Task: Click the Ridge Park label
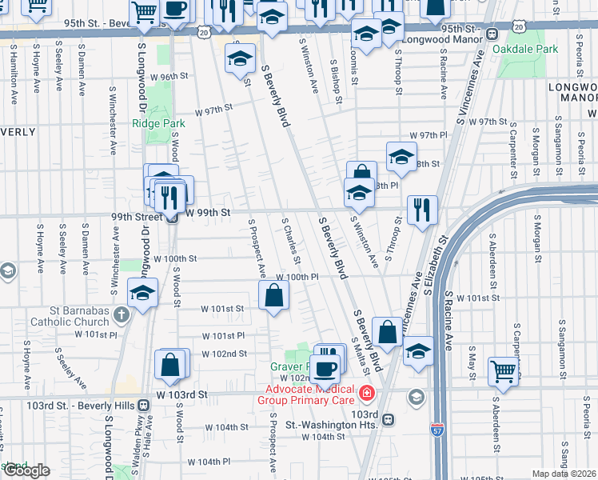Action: pyautogui.click(x=158, y=123)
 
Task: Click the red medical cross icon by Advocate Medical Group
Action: pyautogui.click(x=366, y=393)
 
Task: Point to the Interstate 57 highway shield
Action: pyautogui.click(x=437, y=430)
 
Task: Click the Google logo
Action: pyautogui.click(x=26, y=470)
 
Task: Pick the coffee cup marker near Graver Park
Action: pyautogui.click(x=325, y=368)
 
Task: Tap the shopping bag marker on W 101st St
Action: pyautogui.click(x=273, y=295)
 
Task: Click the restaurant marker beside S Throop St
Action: pyautogui.click(x=422, y=210)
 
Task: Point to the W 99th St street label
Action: pyautogui.click(x=208, y=213)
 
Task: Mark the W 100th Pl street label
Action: pyautogui.click(x=304, y=276)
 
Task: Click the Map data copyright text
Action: pyautogui.click(x=564, y=474)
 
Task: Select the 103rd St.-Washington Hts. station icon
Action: pyautogui.click(x=388, y=419)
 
